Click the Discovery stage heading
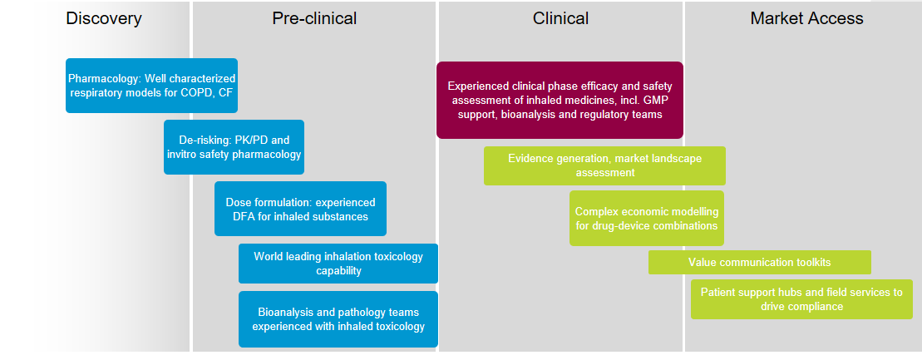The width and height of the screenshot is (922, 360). pyautogui.click(x=103, y=19)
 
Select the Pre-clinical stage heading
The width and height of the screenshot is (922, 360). pyautogui.click(x=314, y=19)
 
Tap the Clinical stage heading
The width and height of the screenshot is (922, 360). pyautogui.click(x=560, y=19)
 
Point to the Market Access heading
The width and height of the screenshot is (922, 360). pyautogui.click(x=806, y=19)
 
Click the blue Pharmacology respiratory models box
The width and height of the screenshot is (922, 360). pyautogui.click(x=151, y=86)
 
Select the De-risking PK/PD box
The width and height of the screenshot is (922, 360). pyautogui.click(x=234, y=147)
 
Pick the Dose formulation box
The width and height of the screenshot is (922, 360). pyautogui.click(x=300, y=209)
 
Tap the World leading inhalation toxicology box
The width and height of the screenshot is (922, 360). pyautogui.click(x=338, y=264)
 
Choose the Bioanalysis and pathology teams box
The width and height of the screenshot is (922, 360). pyautogui.click(x=338, y=319)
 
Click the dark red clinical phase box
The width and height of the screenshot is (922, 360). pyautogui.click(x=560, y=100)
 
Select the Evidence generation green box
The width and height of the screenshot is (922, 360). pyautogui.click(x=604, y=166)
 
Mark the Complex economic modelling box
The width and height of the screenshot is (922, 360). pyautogui.click(x=647, y=218)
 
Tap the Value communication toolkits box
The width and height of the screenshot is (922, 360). pyautogui.click(x=760, y=263)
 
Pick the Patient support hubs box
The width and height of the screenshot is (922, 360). pyautogui.click(x=801, y=299)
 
